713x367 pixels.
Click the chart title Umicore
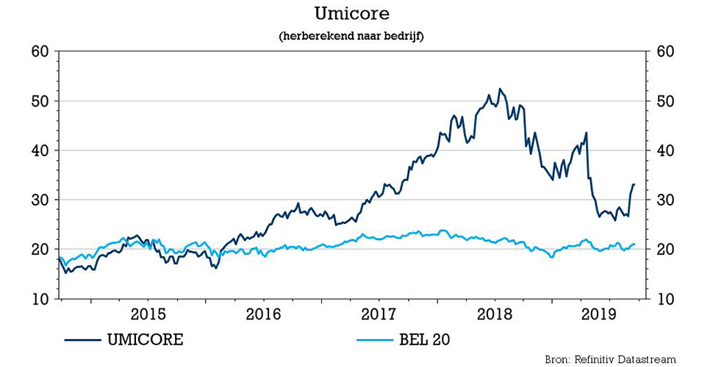[x=356, y=15]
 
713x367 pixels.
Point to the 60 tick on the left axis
[x=39, y=52]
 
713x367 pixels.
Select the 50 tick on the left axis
[x=39, y=101]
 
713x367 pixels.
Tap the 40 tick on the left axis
[x=39, y=150]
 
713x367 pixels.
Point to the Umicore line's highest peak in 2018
[x=500, y=89]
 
